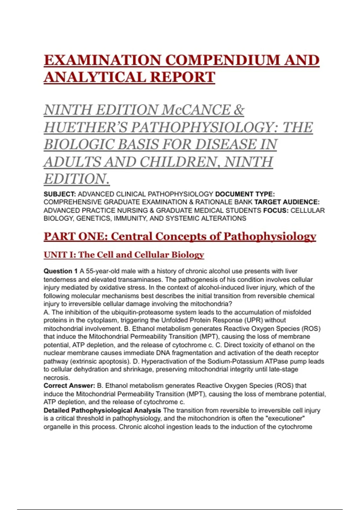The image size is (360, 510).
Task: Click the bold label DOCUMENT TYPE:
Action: click(x=245, y=194)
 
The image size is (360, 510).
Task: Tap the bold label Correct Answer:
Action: click(x=69, y=385)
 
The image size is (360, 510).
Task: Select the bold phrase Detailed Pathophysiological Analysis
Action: click(x=102, y=410)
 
